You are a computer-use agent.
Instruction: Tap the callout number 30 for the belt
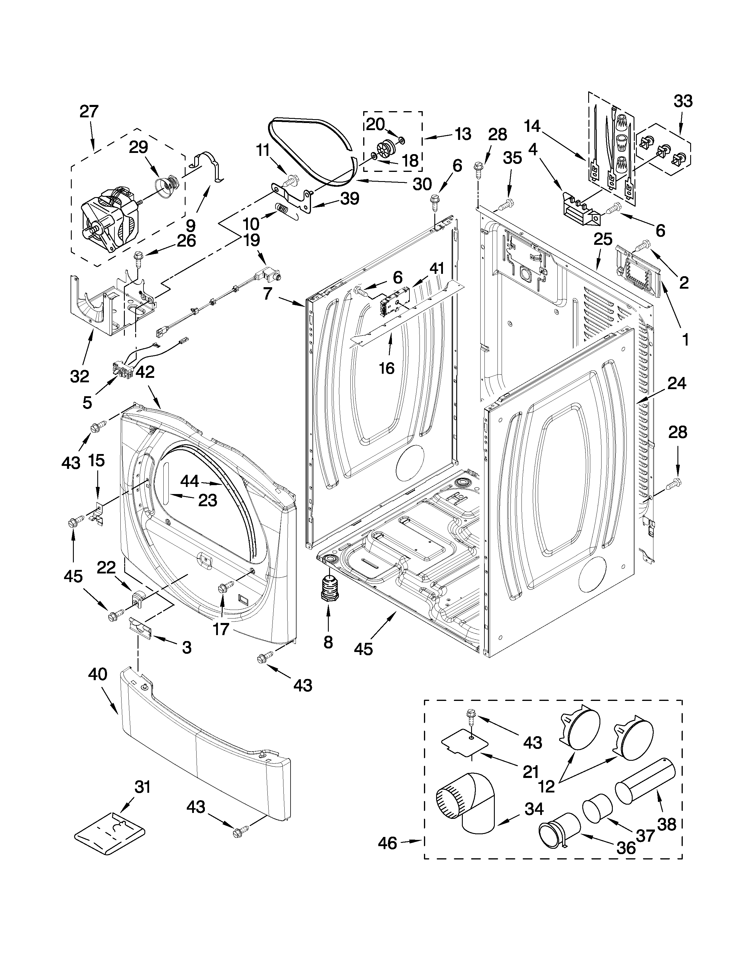click(422, 184)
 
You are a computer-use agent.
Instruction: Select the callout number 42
click(145, 371)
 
